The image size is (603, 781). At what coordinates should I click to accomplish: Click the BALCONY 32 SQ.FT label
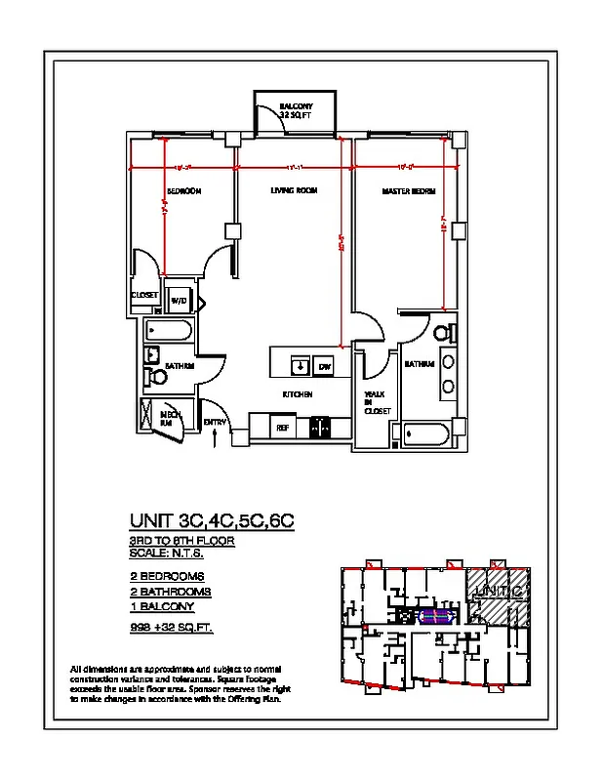(295, 109)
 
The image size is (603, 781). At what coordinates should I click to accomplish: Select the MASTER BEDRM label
(408, 191)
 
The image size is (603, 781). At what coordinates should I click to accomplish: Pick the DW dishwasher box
(324, 366)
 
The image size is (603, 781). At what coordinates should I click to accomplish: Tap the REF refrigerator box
(282, 428)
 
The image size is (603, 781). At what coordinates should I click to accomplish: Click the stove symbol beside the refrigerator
(319, 427)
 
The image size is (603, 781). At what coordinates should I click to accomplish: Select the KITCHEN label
(298, 394)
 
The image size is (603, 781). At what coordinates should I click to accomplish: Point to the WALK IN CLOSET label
(377, 402)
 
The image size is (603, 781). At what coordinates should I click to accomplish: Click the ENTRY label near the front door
(215, 422)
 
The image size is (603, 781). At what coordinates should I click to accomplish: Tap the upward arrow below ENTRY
(216, 440)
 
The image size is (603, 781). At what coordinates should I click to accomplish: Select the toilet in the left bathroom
(156, 376)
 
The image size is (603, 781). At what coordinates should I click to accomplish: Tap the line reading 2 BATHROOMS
(171, 592)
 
